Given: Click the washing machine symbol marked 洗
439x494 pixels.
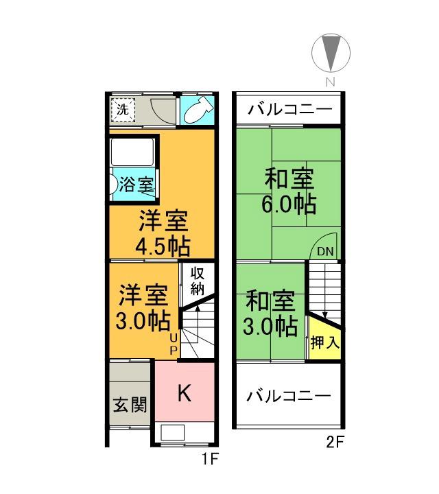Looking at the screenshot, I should [x=122, y=108].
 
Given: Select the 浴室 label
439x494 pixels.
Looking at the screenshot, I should [x=136, y=185].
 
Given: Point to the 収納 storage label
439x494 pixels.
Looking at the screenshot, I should [x=198, y=280].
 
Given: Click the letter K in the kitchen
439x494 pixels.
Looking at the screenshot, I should [x=184, y=393].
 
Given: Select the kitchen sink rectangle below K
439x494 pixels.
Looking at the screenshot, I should [x=173, y=433].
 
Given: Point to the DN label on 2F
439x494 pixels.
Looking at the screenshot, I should [x=324, y=252].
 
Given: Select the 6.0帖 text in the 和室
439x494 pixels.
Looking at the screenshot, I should [x=289, y=204].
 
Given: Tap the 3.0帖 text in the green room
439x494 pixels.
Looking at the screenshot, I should [x=270, y=325].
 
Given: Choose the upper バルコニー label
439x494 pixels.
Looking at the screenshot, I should [x=290, y=110].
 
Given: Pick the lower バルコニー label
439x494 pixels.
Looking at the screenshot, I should [x=289, y=396].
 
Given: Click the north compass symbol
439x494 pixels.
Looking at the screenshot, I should [x=331, y=53].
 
